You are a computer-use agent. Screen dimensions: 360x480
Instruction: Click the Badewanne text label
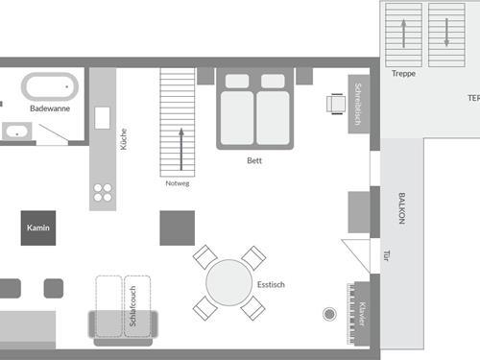pos(49,108)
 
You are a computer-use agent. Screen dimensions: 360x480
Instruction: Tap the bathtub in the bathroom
pos(49,87)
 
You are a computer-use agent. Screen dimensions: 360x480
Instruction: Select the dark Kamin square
pos(37,228)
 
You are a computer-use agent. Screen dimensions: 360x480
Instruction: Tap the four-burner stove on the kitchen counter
pos(103,193)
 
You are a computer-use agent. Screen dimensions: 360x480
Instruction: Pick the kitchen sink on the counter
pos(103,117)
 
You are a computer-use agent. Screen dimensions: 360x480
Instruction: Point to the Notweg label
pos(178,182)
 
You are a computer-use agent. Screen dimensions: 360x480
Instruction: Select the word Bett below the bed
pos(253,160)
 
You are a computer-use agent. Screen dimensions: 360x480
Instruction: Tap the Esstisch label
pos(271,285)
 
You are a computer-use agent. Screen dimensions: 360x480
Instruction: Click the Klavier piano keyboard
pos(362,313)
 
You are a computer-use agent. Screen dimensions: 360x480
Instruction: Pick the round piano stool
pos(330,313)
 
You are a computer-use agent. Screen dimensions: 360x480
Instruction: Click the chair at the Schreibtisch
pos(335,103)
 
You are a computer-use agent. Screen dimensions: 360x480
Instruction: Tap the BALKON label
pos(401,208)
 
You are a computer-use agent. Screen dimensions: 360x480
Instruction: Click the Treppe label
pos(404,74)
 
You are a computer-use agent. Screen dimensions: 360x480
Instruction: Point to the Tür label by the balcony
pos(387,256)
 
